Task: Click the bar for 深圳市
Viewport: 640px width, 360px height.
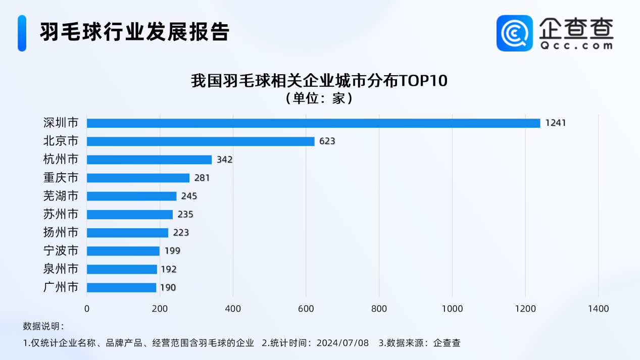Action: (x=313, y=123)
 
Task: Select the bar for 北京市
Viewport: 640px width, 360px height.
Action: (x=201, y=141)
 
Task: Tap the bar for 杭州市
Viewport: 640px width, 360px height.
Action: (x=149, y=160)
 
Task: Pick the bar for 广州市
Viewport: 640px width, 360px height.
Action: (x=121, y=288)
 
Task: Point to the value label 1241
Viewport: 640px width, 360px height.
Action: (x=556, y=123)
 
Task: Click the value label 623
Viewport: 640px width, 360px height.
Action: (x=327, y=141)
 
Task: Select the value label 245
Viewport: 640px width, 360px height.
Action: (x=189, y=196)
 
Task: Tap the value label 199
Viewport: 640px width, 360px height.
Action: (x=172, y=251)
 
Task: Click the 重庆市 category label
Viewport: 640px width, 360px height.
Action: (x=61, y=178)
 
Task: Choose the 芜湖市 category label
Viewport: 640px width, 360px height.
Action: (x=61, y=196)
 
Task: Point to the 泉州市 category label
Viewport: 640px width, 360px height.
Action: (x=61, y=269)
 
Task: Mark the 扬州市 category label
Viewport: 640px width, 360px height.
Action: (x=61, y=233)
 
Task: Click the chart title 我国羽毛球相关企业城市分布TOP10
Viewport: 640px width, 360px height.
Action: (x=319, y=81)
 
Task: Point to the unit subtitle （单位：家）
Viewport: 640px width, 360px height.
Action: (x=319, y=97)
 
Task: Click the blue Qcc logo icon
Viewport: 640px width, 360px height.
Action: (x=514, y=33)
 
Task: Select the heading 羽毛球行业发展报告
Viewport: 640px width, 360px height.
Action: (x=135, y=32)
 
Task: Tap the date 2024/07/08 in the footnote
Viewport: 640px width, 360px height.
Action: (x=342, y=343)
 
